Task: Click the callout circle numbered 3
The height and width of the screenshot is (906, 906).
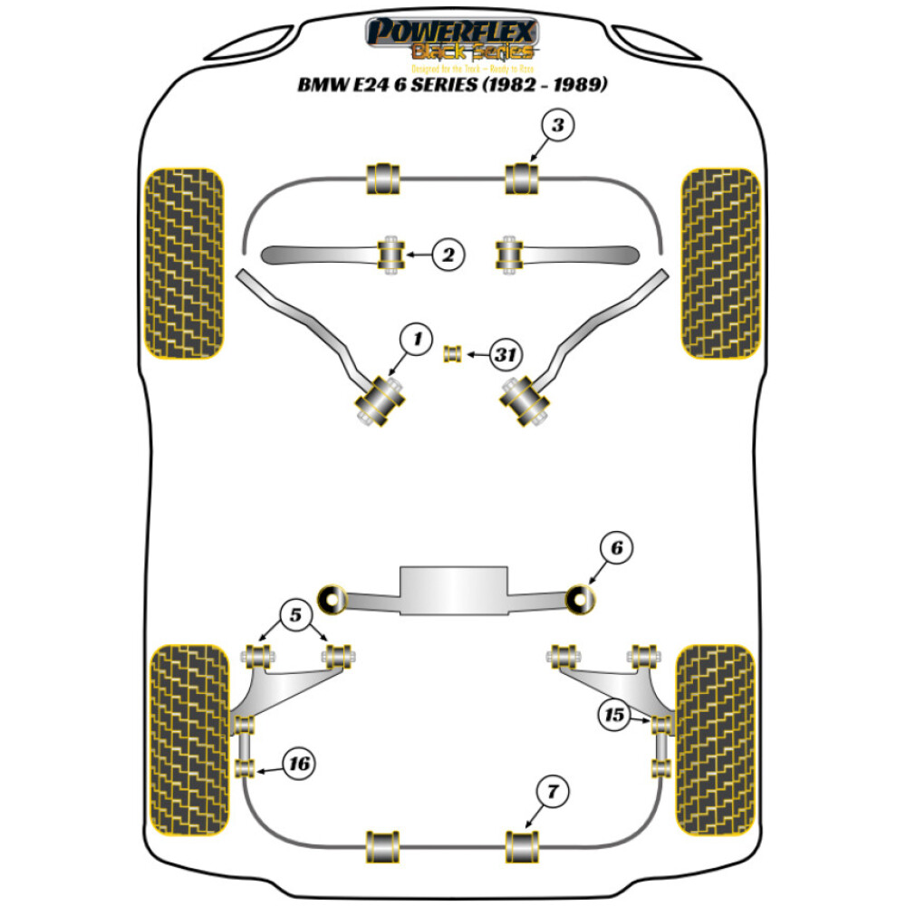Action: point(557,127)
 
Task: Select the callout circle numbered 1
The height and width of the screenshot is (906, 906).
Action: point(417,341)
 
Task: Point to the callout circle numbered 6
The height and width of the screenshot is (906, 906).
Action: point(616,548)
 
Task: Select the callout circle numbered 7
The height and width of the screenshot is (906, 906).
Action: point(553,793)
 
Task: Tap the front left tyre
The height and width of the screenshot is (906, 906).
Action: point(184,263)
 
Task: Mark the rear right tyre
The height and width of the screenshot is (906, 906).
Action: point(716,740)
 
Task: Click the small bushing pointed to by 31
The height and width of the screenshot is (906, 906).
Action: point(452,353)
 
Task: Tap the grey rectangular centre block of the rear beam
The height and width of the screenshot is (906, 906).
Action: point(452,590)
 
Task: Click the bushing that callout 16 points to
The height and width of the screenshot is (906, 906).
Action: point(244,769)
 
